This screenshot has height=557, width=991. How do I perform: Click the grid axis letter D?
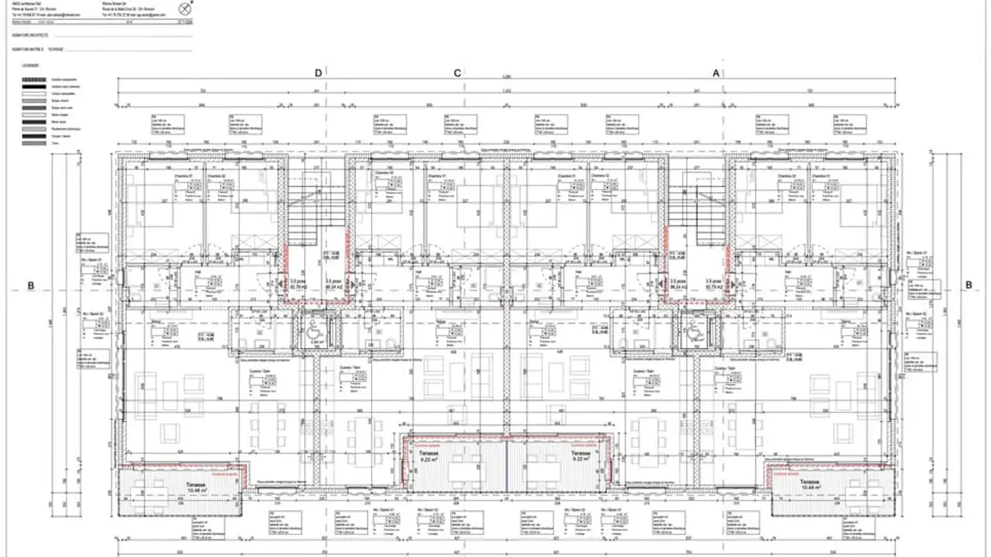[x=318, y=73]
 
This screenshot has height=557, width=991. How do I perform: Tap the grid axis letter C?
[x=456, y=73]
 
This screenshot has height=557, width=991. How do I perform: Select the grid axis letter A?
[x=716, y=73]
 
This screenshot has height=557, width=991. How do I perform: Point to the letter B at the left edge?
[x=31, y=285]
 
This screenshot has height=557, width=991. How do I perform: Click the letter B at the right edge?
[x=968, y=285]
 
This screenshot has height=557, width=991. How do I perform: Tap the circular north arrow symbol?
[x=184, y=9]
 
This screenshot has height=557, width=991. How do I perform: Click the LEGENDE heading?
[x=30, y=65]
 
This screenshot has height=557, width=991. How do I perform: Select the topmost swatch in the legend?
[x=34, y=80]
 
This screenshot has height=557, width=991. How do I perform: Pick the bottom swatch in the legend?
[x=34, y=142]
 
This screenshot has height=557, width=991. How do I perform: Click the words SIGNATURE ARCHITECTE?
[x=32, y=34]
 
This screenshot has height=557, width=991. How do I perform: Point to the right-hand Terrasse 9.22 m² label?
[x=580, y=457]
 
